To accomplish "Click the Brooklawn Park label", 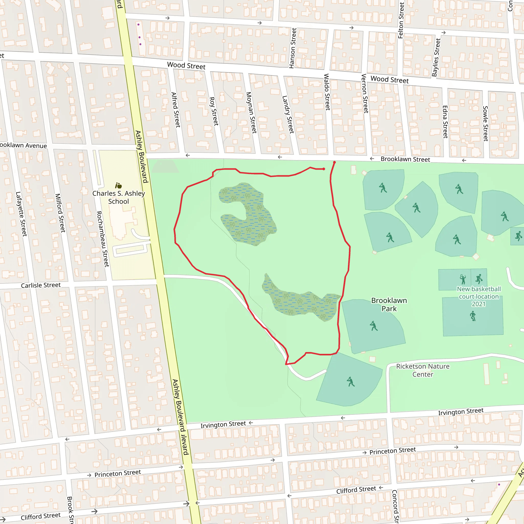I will pos(389,304).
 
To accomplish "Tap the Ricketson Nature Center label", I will pos(423,370).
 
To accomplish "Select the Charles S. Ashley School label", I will pos(118,197).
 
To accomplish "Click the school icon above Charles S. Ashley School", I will pos(118,185).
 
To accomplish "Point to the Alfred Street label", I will pos(176,110).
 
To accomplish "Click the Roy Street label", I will pos(214,111).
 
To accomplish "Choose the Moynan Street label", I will pos(251,113).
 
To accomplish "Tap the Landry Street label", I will pos(288,114).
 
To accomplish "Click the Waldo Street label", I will pos(327,92).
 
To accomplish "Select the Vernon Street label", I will pos(365,93).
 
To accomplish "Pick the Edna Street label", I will pos(445,122).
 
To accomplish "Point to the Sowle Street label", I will pos(485,123).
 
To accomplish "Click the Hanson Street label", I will pos(293,48).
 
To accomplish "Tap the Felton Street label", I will pos(401,20).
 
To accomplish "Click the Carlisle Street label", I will pos(41,285).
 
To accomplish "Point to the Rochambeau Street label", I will pos(103,239).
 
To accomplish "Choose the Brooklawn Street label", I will pos(405,159).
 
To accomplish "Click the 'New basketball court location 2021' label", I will pos(479,297).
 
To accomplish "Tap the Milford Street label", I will pos(60,213).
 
